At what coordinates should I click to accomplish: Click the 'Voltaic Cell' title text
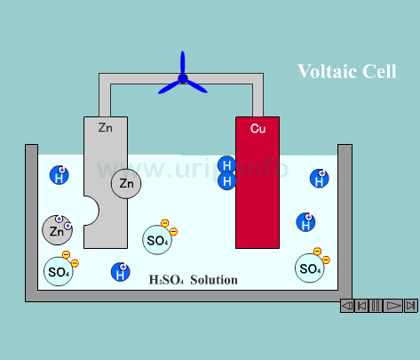[346, 72]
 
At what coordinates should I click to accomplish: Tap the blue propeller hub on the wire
[183, 79]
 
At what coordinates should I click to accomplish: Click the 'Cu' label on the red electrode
[258, 129]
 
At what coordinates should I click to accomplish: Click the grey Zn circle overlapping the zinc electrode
[126, 184]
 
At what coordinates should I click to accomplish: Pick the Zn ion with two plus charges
[57, 230]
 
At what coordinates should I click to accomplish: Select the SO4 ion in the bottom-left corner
[59, 271]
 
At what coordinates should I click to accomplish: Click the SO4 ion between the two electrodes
[157, 239]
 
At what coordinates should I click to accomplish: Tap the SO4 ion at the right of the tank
[310, 268]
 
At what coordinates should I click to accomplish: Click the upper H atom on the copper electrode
[227, 165]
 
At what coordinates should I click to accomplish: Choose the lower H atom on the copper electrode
[227, 180]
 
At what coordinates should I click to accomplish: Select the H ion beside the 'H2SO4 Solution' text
[120, 273]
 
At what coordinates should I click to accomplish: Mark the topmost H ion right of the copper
[319, 179]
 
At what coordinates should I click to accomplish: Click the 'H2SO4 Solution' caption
[193, 280]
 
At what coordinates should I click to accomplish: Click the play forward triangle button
[393, 306]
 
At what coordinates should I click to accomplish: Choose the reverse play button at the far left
[346, 306]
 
